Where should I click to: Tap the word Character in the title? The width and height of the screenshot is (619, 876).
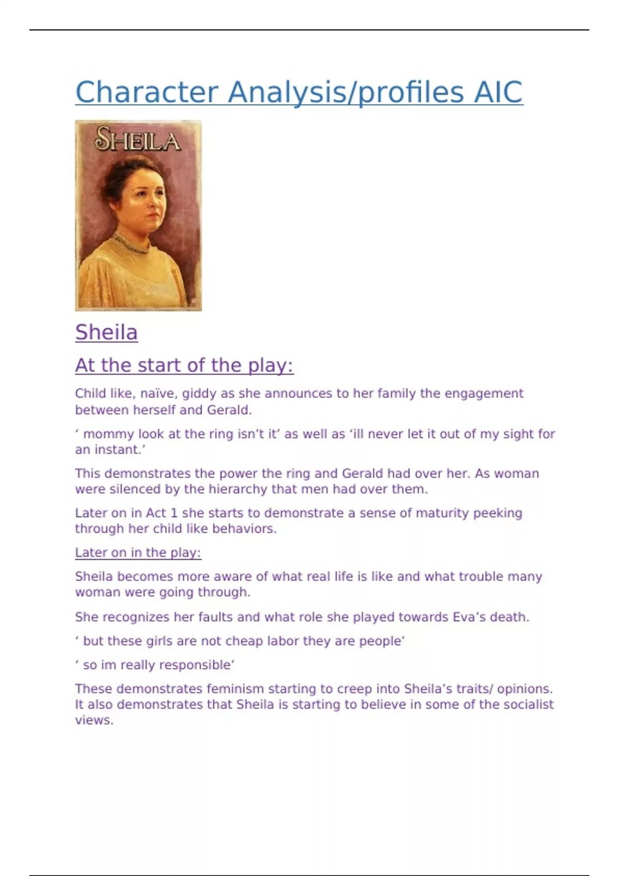[x=146, y=92]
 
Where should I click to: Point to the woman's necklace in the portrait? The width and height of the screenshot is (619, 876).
[x=132, y=245]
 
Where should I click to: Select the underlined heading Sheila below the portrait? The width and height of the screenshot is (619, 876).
[x=106, y=332]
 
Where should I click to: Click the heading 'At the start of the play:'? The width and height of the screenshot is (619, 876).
[x=184, y=365]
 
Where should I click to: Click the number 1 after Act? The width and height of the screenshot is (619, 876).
[x=174, y=513]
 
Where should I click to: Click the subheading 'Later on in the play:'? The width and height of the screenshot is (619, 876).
[x=138, y=552]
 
